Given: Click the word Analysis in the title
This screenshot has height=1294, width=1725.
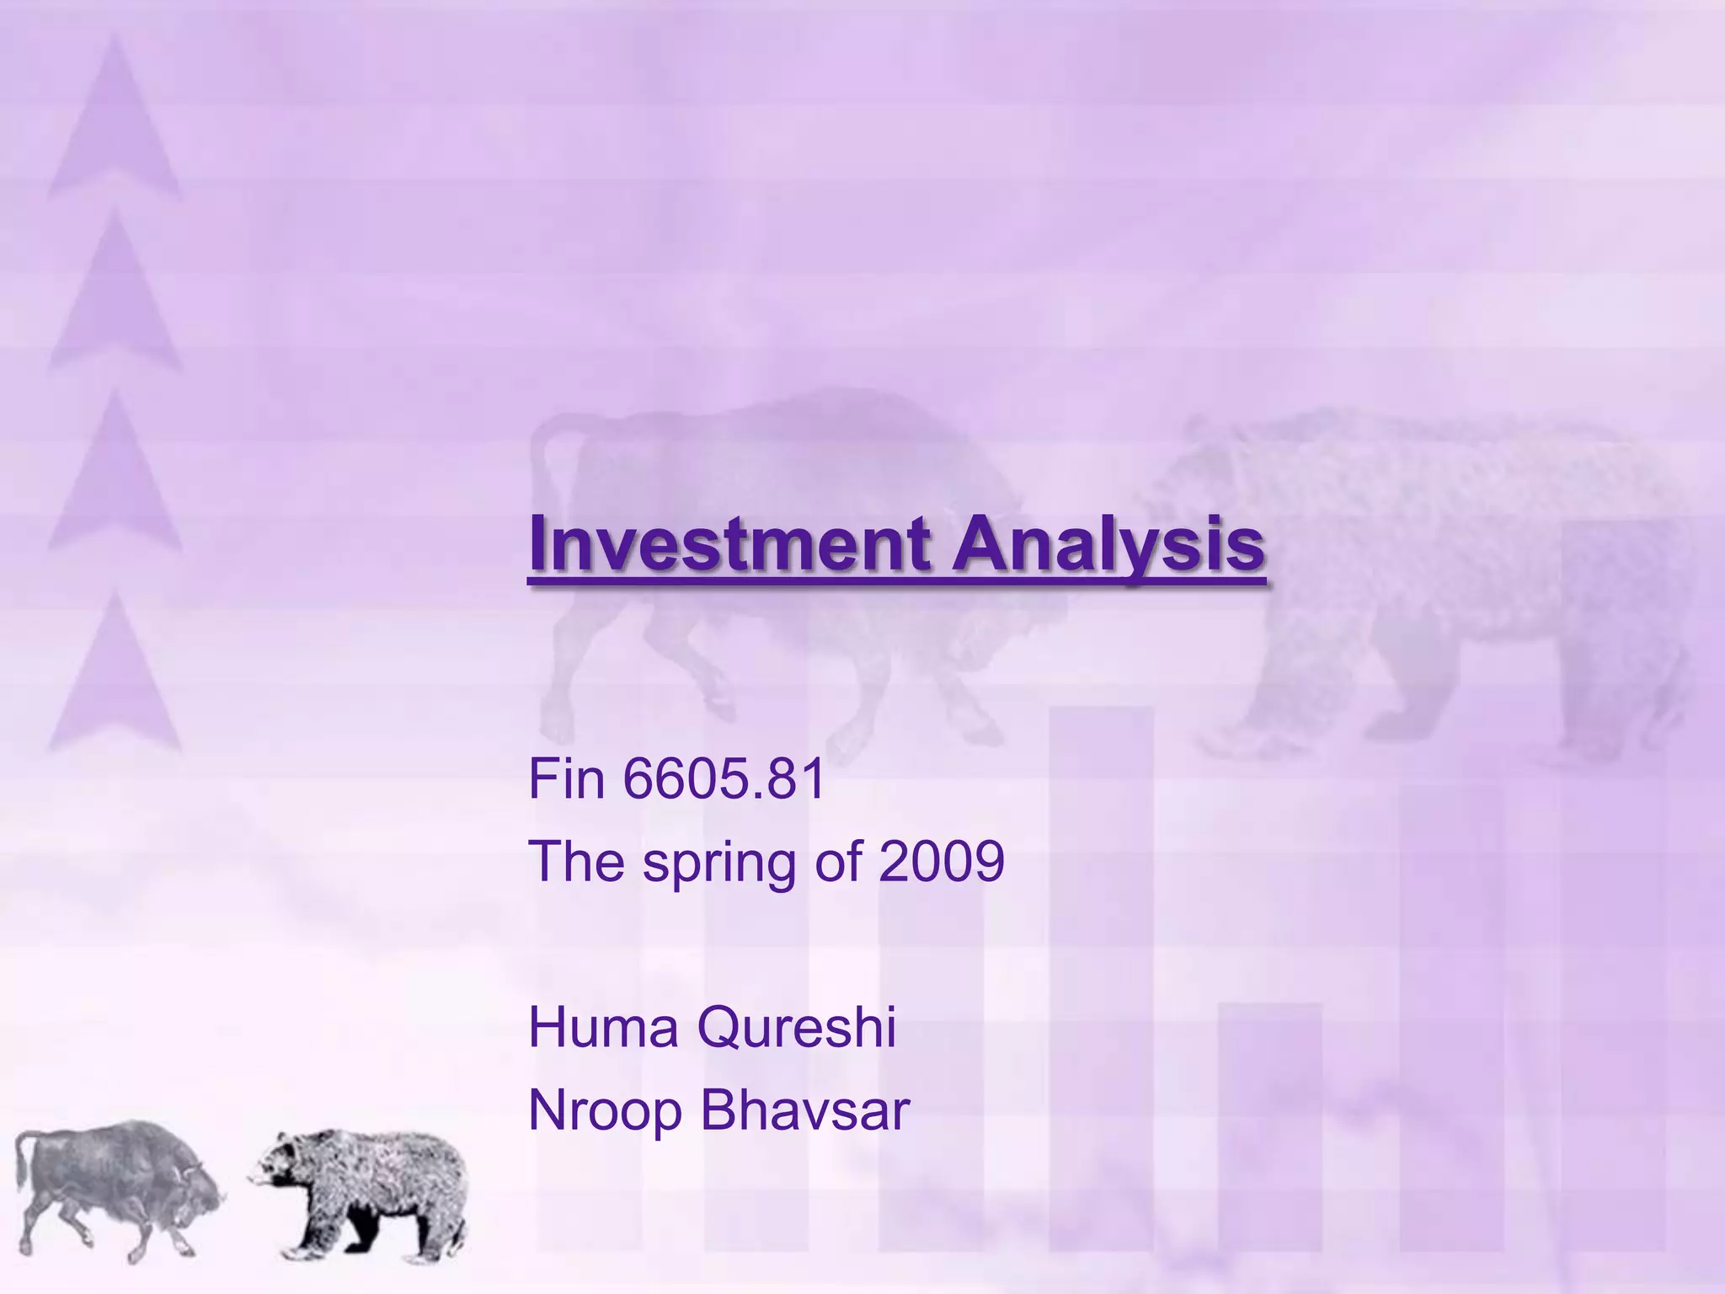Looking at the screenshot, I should coord(1108,544).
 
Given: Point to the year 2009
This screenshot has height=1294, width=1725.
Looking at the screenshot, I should coord(941,861).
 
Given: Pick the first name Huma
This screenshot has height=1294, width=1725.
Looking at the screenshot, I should coord(603,1028).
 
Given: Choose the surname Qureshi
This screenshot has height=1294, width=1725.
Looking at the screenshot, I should coord(797,1028).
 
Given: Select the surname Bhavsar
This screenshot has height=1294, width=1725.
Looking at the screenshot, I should coord(805,1110).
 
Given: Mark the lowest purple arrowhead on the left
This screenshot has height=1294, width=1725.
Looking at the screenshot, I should coord(114,674).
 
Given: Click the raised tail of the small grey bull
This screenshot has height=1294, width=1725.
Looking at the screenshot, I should coord(24,1158).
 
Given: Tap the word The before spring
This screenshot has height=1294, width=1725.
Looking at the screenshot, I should coord(576,861).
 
